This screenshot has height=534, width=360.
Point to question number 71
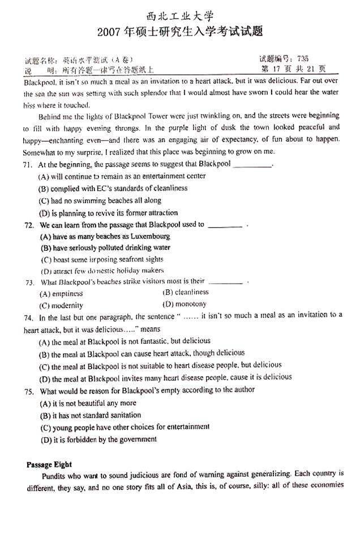tap(28, 165)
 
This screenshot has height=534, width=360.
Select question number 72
tap(28, 225)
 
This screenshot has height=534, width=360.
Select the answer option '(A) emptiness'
tap(61, 294)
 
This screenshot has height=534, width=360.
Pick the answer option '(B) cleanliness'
tap(186, 293)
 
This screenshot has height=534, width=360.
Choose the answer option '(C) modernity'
tap(61, 306)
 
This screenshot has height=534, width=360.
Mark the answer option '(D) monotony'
tap(185, 305)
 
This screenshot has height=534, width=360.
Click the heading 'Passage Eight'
tap(49, 465)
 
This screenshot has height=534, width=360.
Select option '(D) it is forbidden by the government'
tap(98, 439)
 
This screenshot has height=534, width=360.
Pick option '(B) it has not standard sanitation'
tap(90, 416)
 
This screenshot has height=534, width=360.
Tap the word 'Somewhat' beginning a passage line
tap(39, 152)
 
